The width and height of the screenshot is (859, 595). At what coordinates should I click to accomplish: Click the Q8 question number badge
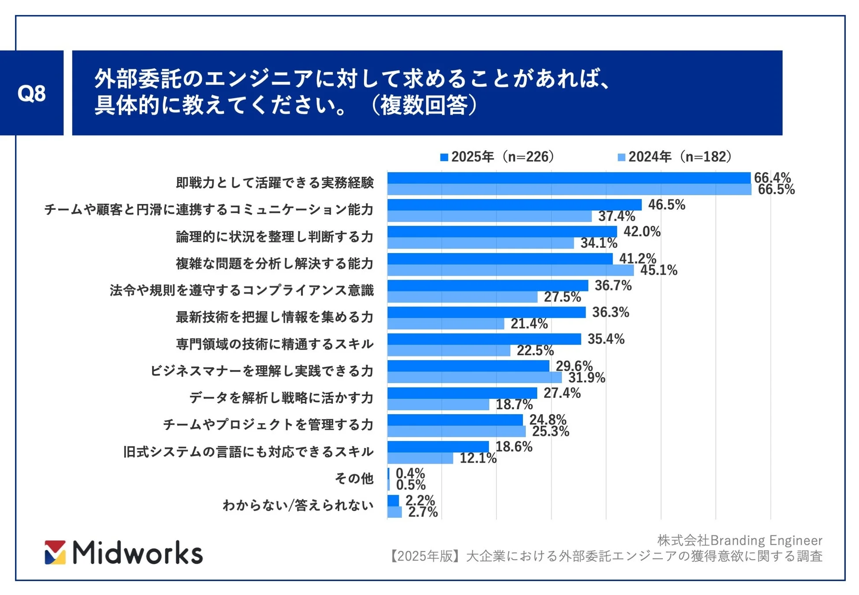pos(31,93)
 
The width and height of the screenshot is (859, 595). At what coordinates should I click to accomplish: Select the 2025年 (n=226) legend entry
pos(497,157)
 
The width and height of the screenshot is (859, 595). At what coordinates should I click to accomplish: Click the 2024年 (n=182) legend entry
pos(674,157)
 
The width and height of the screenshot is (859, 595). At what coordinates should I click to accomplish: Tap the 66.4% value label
pos(772,178)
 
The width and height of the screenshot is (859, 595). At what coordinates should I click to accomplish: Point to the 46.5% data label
pos(666,205)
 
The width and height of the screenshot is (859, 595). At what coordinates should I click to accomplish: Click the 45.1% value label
pos(658,270)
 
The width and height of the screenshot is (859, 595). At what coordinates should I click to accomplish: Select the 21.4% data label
pos(529,324)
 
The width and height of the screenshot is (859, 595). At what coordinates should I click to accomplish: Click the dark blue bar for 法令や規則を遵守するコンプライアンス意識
pos(487,286)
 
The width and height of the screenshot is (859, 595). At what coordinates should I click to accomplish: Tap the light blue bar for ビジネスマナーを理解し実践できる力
pos(474,378)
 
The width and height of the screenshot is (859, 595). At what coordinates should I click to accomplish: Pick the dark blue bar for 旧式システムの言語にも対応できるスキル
pos(438,446)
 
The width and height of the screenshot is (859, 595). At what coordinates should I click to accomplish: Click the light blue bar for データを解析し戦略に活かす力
pos(438,405)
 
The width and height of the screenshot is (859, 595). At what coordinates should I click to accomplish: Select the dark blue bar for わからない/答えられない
pos(393,501)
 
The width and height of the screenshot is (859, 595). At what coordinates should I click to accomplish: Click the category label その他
pos(354,479)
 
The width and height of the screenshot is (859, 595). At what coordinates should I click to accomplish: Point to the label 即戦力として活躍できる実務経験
pos(275,183)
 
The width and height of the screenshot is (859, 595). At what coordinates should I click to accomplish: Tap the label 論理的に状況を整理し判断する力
pos(275,237)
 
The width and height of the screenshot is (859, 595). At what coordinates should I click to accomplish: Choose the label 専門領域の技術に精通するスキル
pos(275,344)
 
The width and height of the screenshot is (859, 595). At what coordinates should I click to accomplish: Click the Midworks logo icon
pos(55,552)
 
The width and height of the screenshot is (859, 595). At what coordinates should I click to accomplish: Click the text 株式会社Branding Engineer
pos(740,540)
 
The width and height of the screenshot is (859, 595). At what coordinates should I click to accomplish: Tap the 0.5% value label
pos(410,485)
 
